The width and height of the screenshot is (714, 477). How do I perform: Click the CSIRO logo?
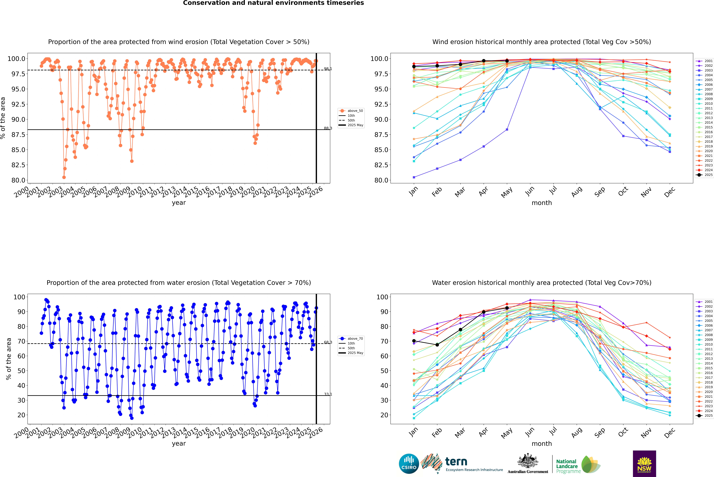click(x=409, y=464)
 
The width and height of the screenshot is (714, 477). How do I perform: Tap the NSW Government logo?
click(x=644, y=464)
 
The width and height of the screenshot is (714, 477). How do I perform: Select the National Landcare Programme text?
click(x=567, y=466)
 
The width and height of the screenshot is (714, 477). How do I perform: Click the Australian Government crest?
click(x=528, y=461)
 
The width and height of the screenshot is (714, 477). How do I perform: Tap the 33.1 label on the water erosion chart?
click(x=328, y=394)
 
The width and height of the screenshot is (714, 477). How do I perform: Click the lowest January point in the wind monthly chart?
click(x=414, y=177)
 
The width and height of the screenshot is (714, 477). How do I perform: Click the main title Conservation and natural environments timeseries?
click(x=273, y=3)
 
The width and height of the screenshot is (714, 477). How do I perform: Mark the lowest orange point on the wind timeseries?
click(x=64, y=177)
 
